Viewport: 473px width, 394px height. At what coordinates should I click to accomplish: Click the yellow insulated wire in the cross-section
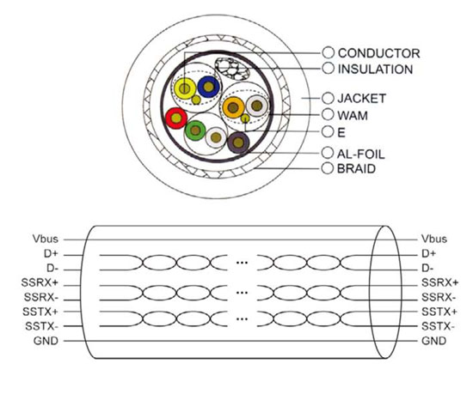185,88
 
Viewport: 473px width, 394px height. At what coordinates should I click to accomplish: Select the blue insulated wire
208,87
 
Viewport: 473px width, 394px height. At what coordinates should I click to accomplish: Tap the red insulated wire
176,118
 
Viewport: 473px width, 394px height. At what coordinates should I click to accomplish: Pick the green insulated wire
195,130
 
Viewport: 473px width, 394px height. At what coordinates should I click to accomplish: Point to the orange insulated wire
233,107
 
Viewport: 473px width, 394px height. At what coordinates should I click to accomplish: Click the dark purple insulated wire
238,142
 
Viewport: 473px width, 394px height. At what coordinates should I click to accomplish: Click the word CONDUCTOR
379,53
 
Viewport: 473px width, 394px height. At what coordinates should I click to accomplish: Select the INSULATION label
375,70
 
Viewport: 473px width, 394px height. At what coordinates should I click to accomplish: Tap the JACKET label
362,99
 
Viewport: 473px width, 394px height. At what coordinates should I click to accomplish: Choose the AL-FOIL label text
361,155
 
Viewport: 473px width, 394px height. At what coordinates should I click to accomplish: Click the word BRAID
356,168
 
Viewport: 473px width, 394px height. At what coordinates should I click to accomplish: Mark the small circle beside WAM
328,114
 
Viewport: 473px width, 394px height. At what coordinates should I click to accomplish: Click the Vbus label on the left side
46,239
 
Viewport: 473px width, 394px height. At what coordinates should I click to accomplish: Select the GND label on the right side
433,341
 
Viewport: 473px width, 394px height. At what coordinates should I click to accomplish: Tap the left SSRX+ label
40,282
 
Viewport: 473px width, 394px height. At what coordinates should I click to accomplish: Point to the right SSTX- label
438,326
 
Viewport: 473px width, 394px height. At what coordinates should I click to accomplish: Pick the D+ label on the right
428,254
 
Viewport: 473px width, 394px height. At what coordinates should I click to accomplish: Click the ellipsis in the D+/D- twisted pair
242,263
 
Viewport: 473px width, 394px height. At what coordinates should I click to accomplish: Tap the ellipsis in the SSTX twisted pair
242,319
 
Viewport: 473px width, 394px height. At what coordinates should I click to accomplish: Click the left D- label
52,268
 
